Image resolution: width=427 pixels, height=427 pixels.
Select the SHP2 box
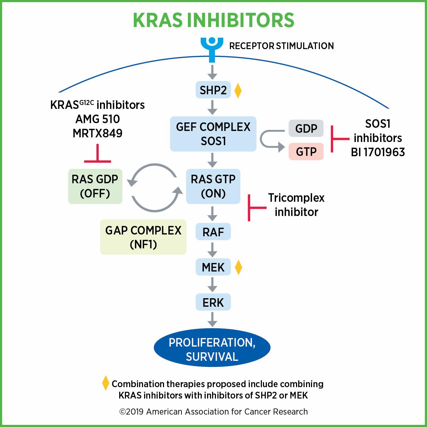tap(213, 90)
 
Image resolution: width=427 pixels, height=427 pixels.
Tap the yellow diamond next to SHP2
tap(238, 90)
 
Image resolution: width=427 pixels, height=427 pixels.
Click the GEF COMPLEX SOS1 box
tap(213, 134)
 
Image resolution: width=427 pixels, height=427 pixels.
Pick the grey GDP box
tap(306, 128)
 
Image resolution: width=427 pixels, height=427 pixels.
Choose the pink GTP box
tap(306, 151)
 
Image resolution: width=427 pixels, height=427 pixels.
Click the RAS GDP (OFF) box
tap(95, 186)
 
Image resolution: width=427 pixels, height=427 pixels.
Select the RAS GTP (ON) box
tap(213, 186)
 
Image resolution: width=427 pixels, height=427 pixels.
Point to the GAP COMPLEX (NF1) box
tap(143, 237)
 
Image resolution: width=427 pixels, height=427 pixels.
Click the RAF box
tap(213, 232)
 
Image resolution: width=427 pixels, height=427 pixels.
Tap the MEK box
tap(213, 267)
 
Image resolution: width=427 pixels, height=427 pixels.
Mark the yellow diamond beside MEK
tap(238, 267)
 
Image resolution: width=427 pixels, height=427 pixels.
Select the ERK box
tap(213, 302)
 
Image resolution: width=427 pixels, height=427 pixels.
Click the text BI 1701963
tap(378, 152)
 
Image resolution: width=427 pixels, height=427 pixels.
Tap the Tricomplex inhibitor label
tap(296, 205)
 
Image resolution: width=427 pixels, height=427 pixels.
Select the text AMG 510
tap(97, 119)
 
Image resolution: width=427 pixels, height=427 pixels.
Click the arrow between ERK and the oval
tap(212, 319)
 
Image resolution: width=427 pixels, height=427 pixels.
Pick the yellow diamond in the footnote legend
tap(105, 383)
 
